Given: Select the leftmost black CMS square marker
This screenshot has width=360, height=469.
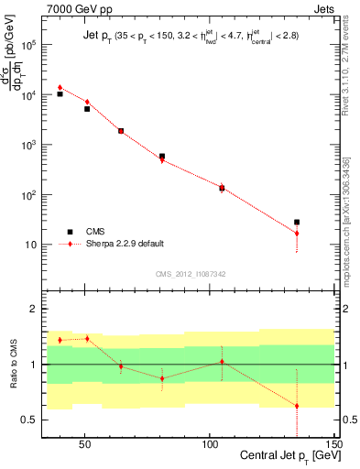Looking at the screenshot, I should pos(60,93).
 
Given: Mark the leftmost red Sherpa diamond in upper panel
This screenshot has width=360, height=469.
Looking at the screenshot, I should pos(60,88).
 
